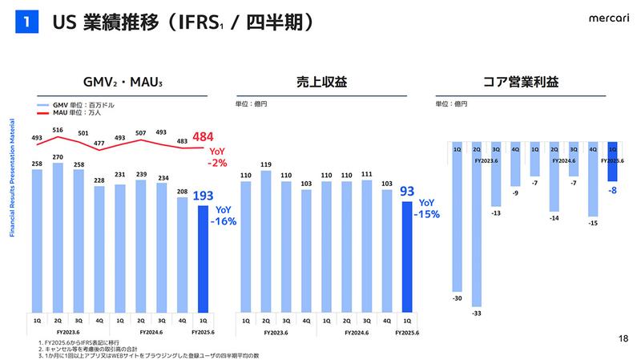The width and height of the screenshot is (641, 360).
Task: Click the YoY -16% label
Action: click(x=227, y=216)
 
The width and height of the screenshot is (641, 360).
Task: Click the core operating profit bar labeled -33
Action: click(x=477, y=224)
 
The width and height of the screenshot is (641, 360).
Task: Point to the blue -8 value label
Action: click(x=612, y=191)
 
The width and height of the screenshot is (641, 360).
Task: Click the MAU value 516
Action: click(x=58, y=130)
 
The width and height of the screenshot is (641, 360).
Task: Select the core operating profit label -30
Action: click(x=457, y=297)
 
